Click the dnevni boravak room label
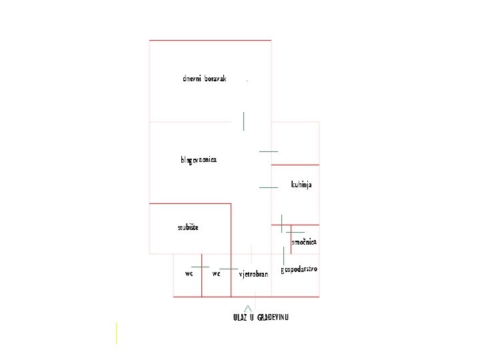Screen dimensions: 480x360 [x=205, y=79]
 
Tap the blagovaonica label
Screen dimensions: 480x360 [x=198, y=160]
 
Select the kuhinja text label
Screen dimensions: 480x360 [x=301, y=184]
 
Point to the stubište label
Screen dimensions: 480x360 [x=188, y=227]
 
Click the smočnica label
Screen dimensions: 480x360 [x=304, y=242]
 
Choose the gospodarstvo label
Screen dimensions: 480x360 [x=299, y=269]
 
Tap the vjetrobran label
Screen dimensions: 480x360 [x=253, y=274]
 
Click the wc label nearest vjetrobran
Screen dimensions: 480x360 [x=216, y=273]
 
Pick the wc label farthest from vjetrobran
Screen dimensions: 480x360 [x=189, y=273]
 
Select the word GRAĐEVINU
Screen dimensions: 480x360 [x=273, y=317]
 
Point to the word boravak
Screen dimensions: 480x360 [x=215, y=79]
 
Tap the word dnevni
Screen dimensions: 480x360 [x=192, y=79]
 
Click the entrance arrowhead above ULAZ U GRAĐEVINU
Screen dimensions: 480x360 [x=249, y=307]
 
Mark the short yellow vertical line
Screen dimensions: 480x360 [x=116, y=333]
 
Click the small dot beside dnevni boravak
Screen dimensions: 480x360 [x=247, y=81]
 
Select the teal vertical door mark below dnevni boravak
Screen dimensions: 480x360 [x=244, y=121]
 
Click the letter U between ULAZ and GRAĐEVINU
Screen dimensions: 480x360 [x=252, y=317]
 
